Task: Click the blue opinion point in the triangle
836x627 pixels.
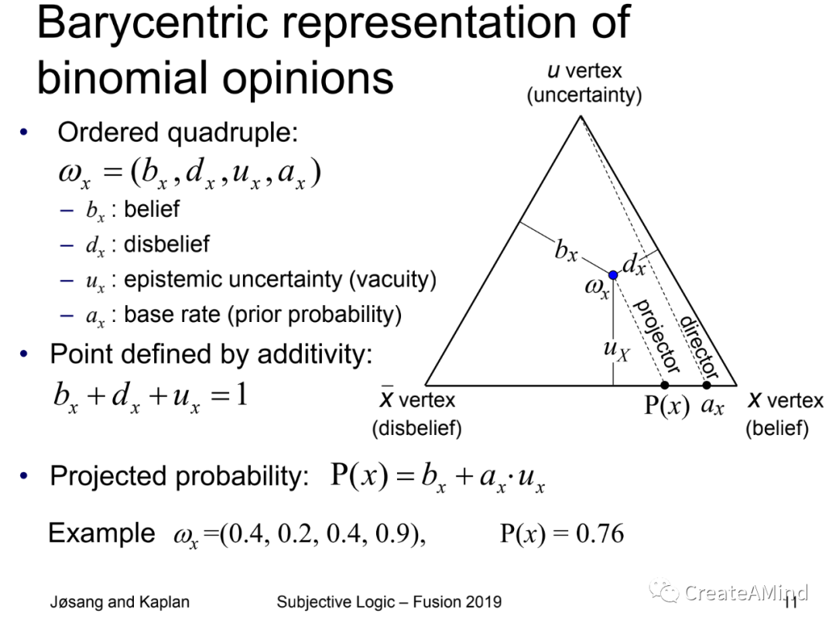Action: [x=613, y=275]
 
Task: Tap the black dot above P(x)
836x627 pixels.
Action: [x=664, y=385]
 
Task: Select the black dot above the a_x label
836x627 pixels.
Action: [x=707, y=385]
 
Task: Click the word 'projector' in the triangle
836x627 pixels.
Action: [x=656, y=336]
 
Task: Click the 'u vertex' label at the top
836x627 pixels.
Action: [x=584, y=70]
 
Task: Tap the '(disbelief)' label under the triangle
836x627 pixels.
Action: [x=417, y=427]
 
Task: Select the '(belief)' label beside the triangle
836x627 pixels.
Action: [x=777, y=427]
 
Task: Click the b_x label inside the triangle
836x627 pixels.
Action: [x=566, y=250]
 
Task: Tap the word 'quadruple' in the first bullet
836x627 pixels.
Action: [x=232, y=132]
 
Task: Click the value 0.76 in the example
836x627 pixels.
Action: [x=600, y=533]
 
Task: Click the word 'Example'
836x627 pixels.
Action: [x=102, y=533]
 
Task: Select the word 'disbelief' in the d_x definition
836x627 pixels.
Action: [x=167, y=244]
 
